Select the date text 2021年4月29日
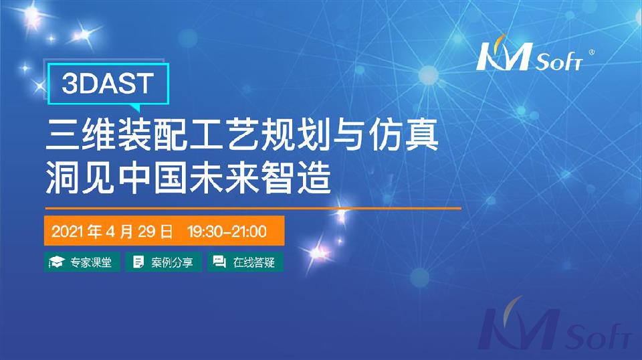tap(112, 232)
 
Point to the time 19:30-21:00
tap(227, 232)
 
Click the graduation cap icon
tap(57, 262)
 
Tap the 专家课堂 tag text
tap(91, 262)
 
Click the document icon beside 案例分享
tap(138, 262)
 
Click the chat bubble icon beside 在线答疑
tap(219, 262)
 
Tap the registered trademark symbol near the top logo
tap(591, 52)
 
